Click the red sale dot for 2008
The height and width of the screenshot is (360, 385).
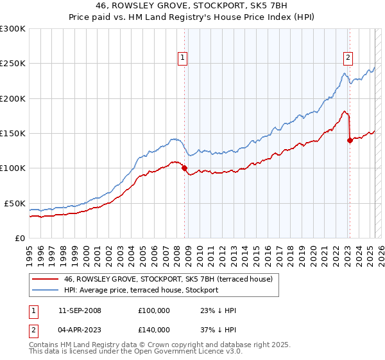tap(185, 168)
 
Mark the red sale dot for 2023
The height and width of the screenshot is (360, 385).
tap(350, 141)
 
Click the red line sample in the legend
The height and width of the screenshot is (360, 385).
tap(45, 279)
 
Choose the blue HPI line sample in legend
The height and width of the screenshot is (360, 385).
tap(45, 290)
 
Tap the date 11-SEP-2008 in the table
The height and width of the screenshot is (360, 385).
tap(80, 310)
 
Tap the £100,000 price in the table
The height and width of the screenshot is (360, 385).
tap(154, 310)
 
